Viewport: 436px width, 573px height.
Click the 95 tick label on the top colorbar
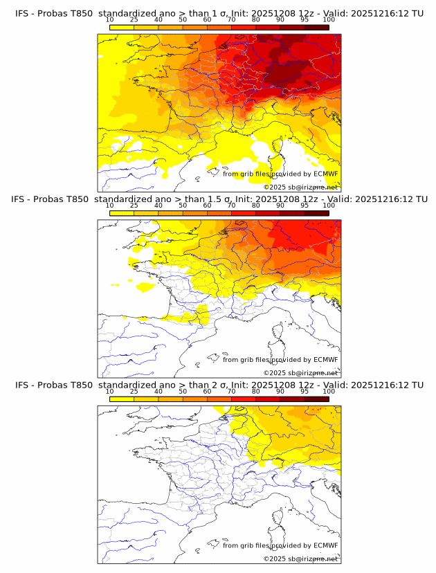(x=305, y=19)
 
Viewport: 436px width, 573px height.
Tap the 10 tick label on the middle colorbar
(x=110, y=205)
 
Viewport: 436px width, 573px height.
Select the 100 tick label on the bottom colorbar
(x=329, y=391)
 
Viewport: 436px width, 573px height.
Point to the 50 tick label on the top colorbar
(x=183, y=19)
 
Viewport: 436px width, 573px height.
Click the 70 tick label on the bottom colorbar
(x=231, y=391)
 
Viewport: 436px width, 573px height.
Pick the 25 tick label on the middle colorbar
(x=134, y=205)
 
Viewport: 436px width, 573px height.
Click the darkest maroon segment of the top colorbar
(x=316, y=27)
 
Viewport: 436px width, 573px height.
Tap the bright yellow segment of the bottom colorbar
(x=122, y=399)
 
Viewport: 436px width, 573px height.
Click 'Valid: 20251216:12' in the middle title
(x=370, y=199)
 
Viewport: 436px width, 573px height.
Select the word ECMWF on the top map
(x=325, y=174)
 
